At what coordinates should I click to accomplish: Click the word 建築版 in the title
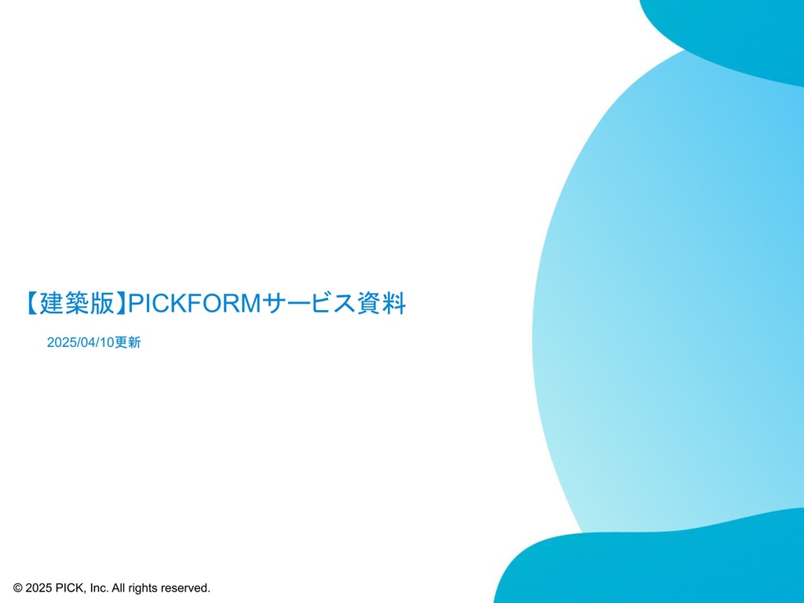(76, 303)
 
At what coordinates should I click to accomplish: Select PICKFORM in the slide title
(195, 303)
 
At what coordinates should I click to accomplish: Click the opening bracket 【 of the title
(31, 303)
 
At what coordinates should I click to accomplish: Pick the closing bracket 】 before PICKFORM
(121, 303)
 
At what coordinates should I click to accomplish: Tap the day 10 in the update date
(106, 342)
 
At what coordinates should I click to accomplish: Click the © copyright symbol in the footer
(18, 587)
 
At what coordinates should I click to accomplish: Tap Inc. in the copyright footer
(99, 587)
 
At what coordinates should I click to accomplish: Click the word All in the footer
(119, 587)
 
